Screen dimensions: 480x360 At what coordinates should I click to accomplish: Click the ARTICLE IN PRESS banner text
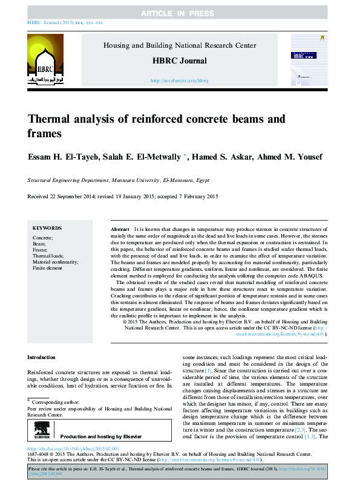point(180,13)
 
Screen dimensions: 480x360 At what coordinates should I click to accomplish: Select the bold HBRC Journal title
point(179,60)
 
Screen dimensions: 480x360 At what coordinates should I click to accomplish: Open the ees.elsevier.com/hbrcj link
point(179,80)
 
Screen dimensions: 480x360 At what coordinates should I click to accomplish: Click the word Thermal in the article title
point(50,120)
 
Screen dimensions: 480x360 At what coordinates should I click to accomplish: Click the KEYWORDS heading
point(47,228)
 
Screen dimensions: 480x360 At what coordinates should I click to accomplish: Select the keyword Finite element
point(47,268)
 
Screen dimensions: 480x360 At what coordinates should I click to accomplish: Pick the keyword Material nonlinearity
point(56,262)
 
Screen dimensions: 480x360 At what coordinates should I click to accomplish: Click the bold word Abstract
point(120,230)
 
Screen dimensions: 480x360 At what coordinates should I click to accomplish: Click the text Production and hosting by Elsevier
point(101,436)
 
